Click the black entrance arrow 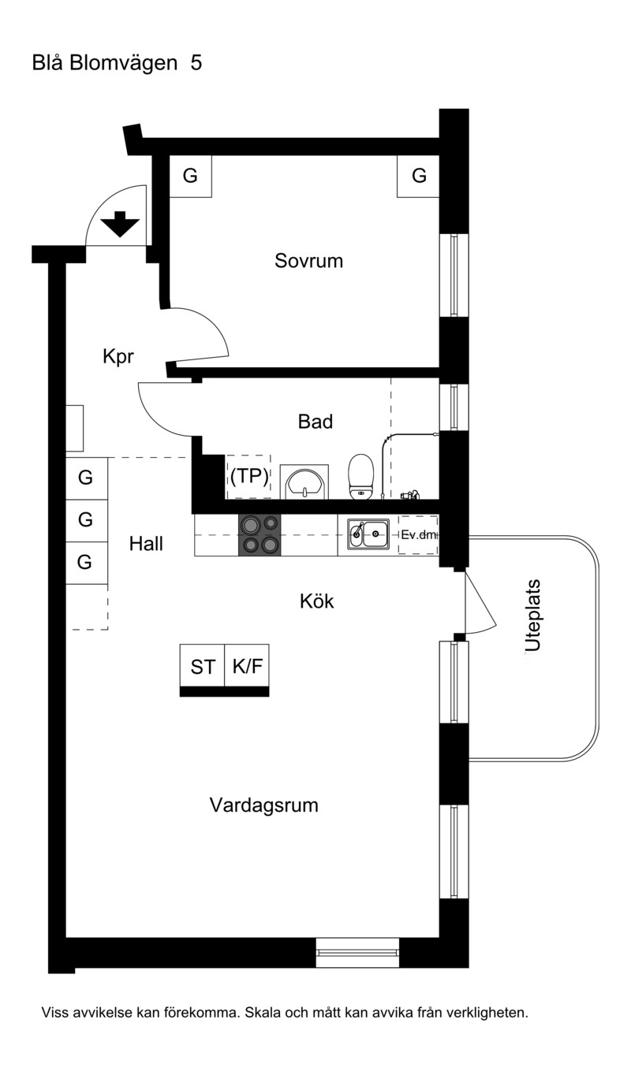(120, 224)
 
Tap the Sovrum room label (308, 261)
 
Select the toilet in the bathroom (361, 477)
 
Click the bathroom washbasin (304, 482)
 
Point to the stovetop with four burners (259, 535)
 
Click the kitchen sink (368, 534)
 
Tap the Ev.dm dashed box (418, 535)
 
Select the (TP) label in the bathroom (248, 476)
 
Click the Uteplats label (532, 616)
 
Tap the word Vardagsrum (264, 805)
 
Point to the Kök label (316, 601)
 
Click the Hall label (146, 544)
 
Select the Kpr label (118, 356)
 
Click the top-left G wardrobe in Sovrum (191, 176)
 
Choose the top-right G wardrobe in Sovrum (418, 176)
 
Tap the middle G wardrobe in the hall (87, 520)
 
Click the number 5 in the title (196, 63)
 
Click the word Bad (315, 422)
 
